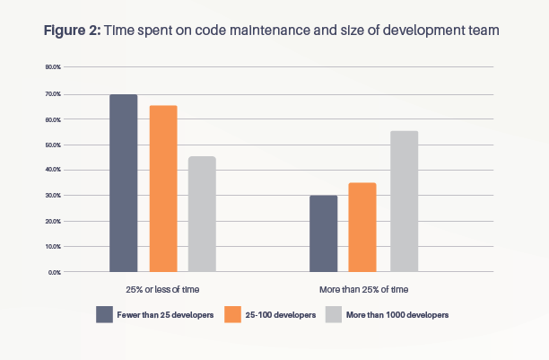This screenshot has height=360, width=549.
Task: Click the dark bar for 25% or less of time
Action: [x=124, y=183]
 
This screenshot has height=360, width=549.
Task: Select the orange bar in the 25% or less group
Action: [x=163, y=189]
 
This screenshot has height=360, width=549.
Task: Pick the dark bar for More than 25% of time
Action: [x=323, y=233]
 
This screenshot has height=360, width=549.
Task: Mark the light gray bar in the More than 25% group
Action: [x=404, y=201]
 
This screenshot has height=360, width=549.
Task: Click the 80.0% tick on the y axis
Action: [x=52, y=67]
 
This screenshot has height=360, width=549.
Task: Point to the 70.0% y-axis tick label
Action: [x=52, y=93]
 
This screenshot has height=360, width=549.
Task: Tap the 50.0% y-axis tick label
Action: [x=52, y=145]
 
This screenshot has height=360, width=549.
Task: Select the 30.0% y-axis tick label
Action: [x=52, y=195]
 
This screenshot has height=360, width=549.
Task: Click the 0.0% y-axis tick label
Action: [x=54, y=271]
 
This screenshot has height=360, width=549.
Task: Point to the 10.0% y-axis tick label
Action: [x=52, y=246]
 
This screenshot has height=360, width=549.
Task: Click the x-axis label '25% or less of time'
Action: [x=163, y=290]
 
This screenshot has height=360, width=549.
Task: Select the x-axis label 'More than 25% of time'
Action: [x=364, y=290]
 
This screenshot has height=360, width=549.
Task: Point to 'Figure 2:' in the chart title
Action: [x=73, y=30]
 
